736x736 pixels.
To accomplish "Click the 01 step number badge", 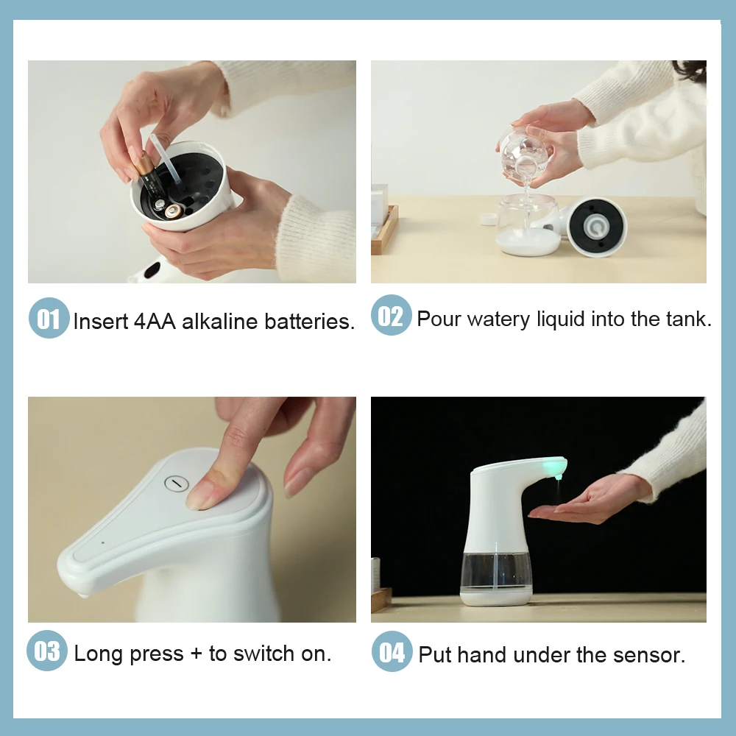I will tap(49, 318).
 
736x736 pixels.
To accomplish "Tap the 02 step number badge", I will tap(391, 316).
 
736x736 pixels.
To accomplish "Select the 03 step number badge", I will tap(48, 651).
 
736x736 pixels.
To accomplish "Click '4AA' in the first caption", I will tap(155, 322).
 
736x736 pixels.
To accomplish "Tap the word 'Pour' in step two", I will tap(439, 319).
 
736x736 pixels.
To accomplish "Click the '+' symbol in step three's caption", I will tap(196, 654).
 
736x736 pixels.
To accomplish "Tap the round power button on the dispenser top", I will tap(177, 483).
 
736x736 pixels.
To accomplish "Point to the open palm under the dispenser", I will tap(581, 504).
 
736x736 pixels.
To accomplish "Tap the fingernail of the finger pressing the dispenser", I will tap(200, 495).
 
